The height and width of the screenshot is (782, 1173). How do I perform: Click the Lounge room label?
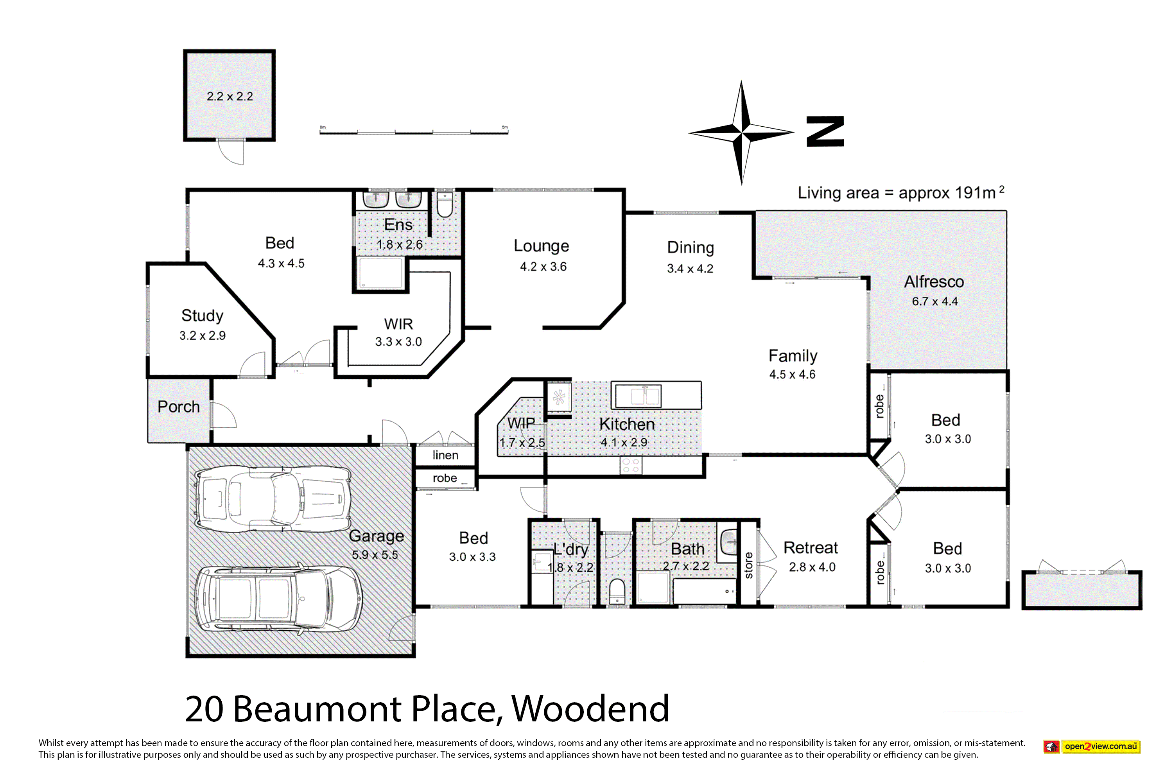point(541,246)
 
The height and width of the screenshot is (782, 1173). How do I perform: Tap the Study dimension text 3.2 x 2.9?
point(203,335)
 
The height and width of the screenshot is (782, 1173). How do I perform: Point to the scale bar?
point(414,132)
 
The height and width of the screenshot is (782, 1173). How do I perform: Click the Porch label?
point(179,407)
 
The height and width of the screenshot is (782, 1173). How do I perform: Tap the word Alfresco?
point(934,282)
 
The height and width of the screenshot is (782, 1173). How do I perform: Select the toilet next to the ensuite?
point(444,203)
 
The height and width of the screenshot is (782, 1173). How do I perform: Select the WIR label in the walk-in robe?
point(398,324)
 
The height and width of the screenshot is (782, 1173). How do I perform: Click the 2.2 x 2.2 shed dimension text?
point(230,96)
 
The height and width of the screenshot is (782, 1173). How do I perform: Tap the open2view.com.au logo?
point(1092,746)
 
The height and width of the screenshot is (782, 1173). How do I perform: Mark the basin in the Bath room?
point(729,542)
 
